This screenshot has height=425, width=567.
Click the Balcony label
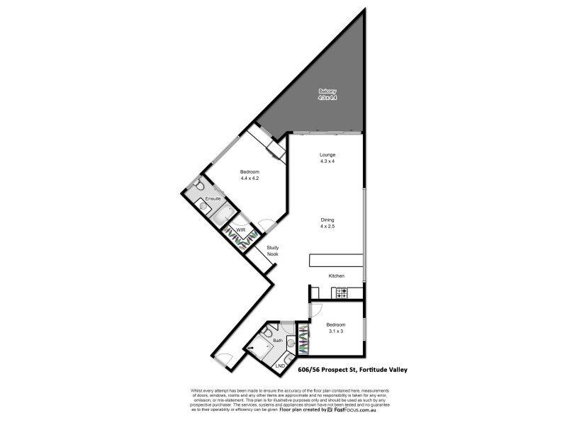(327, 91)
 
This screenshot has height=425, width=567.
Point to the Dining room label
(327, 220)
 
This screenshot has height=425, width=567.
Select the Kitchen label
(336, 275)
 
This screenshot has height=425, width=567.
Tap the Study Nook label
(272, 250)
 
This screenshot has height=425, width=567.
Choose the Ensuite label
(213, 199)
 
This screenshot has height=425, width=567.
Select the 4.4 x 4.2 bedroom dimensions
(249, 178)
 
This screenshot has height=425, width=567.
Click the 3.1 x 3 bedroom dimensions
(335, 331)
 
